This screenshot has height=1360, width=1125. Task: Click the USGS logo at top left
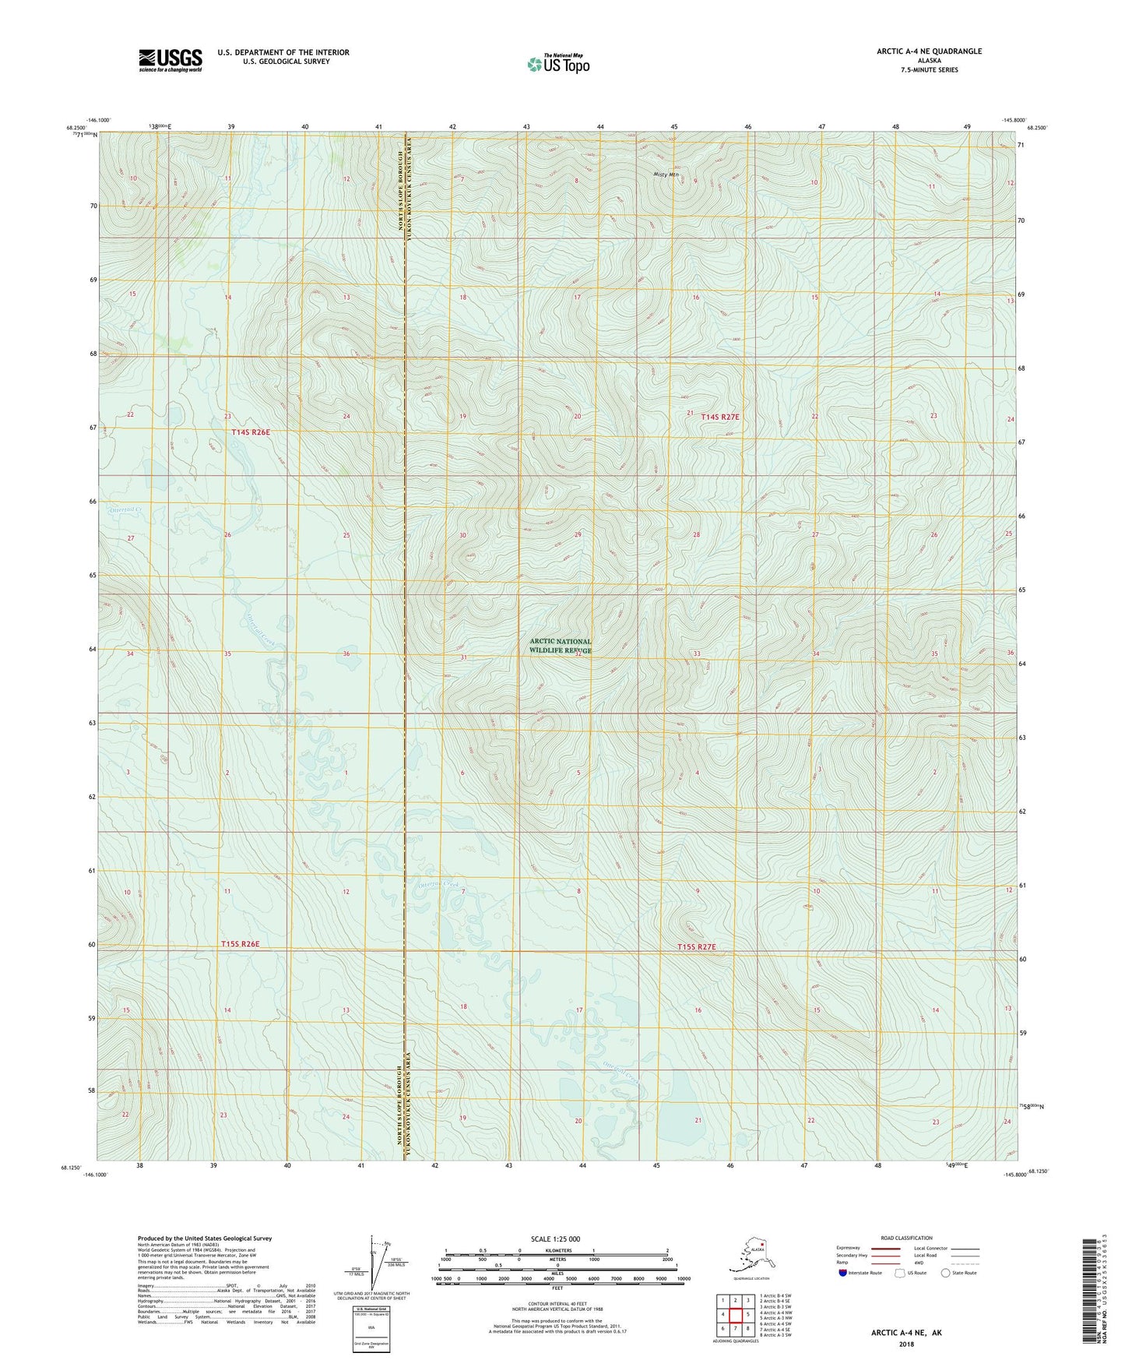click(170, 60)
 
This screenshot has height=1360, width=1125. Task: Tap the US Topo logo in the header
click(557, 64)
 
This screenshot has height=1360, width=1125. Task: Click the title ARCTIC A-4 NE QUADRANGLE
click(929, 51)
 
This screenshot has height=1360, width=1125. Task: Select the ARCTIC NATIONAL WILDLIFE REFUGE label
click(561, 646)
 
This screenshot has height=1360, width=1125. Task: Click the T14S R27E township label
click(720, 418)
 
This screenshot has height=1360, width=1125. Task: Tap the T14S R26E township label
click(250, 432)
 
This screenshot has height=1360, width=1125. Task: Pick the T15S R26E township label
click(240, 944)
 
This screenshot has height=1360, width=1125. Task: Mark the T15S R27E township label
click(696, 947)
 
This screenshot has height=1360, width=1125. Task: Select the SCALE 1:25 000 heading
click(556, 1238)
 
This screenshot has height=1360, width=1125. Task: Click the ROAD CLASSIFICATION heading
click(906, 1238)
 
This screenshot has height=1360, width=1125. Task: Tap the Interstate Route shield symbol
click(843, 1273)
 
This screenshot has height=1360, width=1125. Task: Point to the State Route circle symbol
click(946, 1273)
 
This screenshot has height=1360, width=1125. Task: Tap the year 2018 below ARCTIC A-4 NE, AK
click(906, 1344)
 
